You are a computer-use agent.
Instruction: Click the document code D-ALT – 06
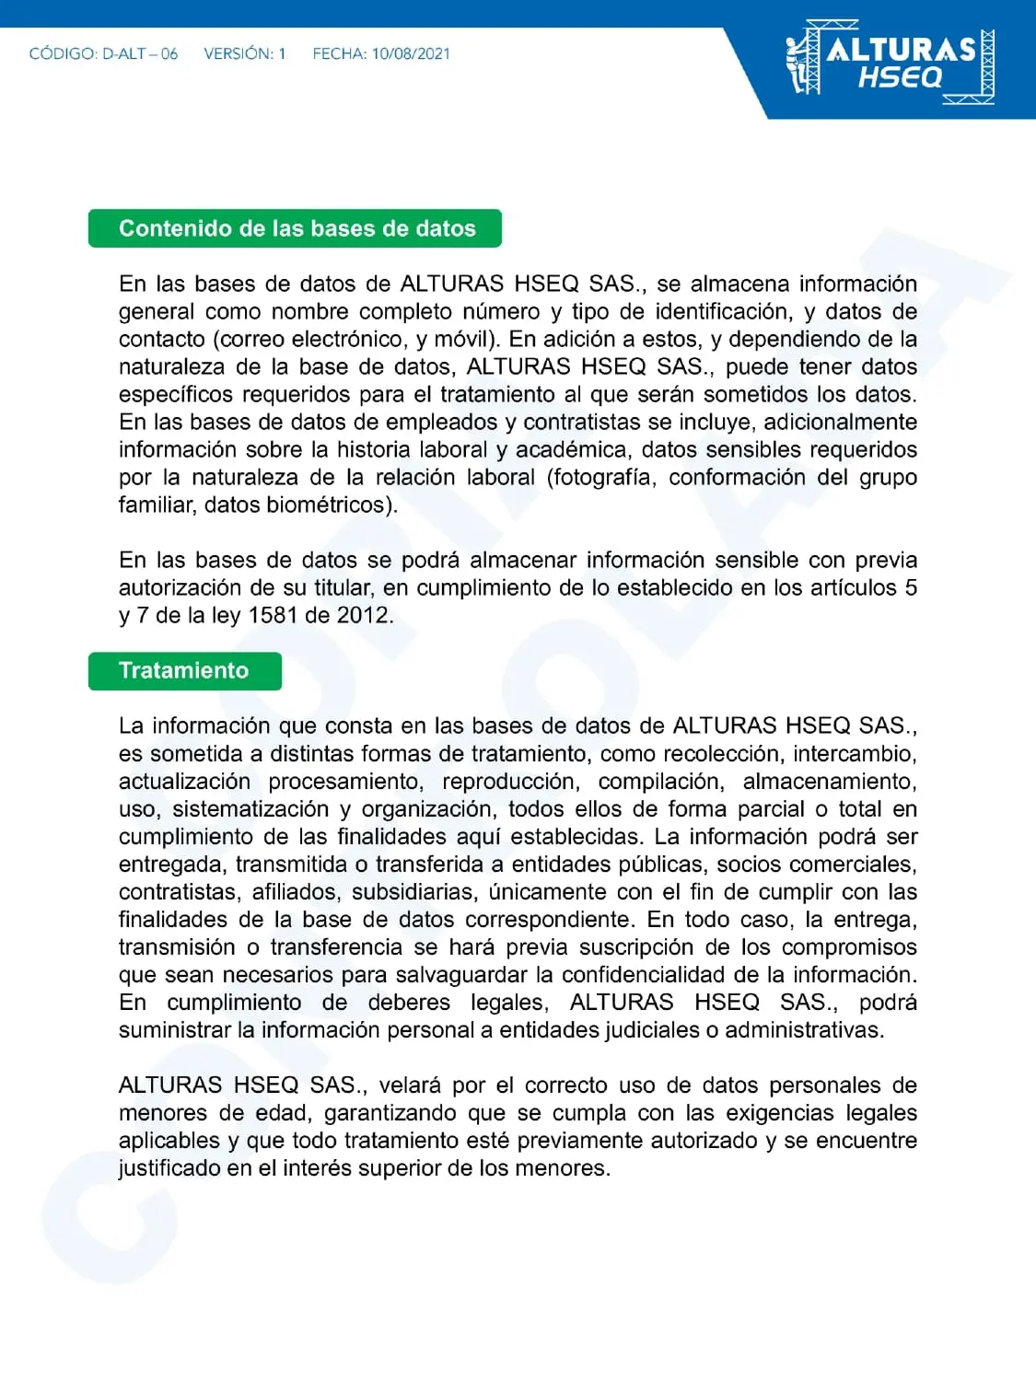140,54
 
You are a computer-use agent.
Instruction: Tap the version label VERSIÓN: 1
245,54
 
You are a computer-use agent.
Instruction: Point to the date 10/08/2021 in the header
411,54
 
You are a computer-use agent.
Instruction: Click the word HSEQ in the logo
900,77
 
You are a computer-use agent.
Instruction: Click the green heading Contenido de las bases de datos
296,228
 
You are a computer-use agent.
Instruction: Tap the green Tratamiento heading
184,670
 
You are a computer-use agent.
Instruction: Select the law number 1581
273,615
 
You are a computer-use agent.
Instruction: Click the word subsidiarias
413,891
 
